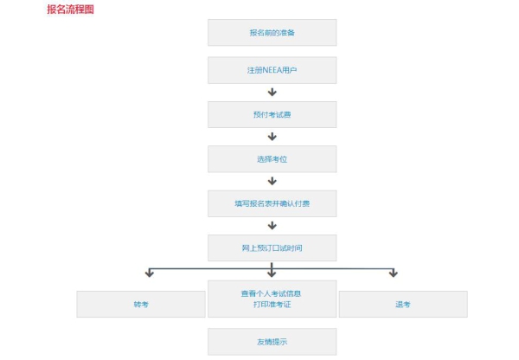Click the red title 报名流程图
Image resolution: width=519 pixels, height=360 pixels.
tap(71, 10)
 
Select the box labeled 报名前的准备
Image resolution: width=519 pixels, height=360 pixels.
tap(272, 33)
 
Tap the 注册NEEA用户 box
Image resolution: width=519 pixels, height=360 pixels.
tap(272, 70)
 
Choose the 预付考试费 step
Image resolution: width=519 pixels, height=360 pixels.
tap(272, 114)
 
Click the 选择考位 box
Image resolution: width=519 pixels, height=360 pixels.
tap(272, 159)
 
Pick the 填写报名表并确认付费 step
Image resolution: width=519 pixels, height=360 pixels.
tap(272, 203)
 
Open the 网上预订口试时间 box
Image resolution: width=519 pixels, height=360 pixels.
tap(272, 248)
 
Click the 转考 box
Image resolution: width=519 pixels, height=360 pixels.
tap(141, 305)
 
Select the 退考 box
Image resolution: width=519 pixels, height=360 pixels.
tap(403, 305)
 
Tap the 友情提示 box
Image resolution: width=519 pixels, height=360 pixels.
tap(272, 342)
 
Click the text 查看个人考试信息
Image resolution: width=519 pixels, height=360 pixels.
tap(271, 293)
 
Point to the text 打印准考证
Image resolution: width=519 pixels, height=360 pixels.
tap(272, 305)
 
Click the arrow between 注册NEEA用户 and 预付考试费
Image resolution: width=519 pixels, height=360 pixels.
tap(272, 92)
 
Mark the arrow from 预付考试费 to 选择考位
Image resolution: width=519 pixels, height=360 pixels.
tap(272, 137)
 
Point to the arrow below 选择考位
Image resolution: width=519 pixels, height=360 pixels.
tap(272, 181)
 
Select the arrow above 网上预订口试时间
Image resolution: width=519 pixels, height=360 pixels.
tap(272, 226)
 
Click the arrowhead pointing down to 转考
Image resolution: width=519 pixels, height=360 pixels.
tap(150, 273)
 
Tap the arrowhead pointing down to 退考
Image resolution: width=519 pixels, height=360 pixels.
tap(394, 273)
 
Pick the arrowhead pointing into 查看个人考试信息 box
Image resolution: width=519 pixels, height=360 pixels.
tap(272, 273)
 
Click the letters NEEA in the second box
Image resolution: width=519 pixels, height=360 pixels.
tap(272, 70)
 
